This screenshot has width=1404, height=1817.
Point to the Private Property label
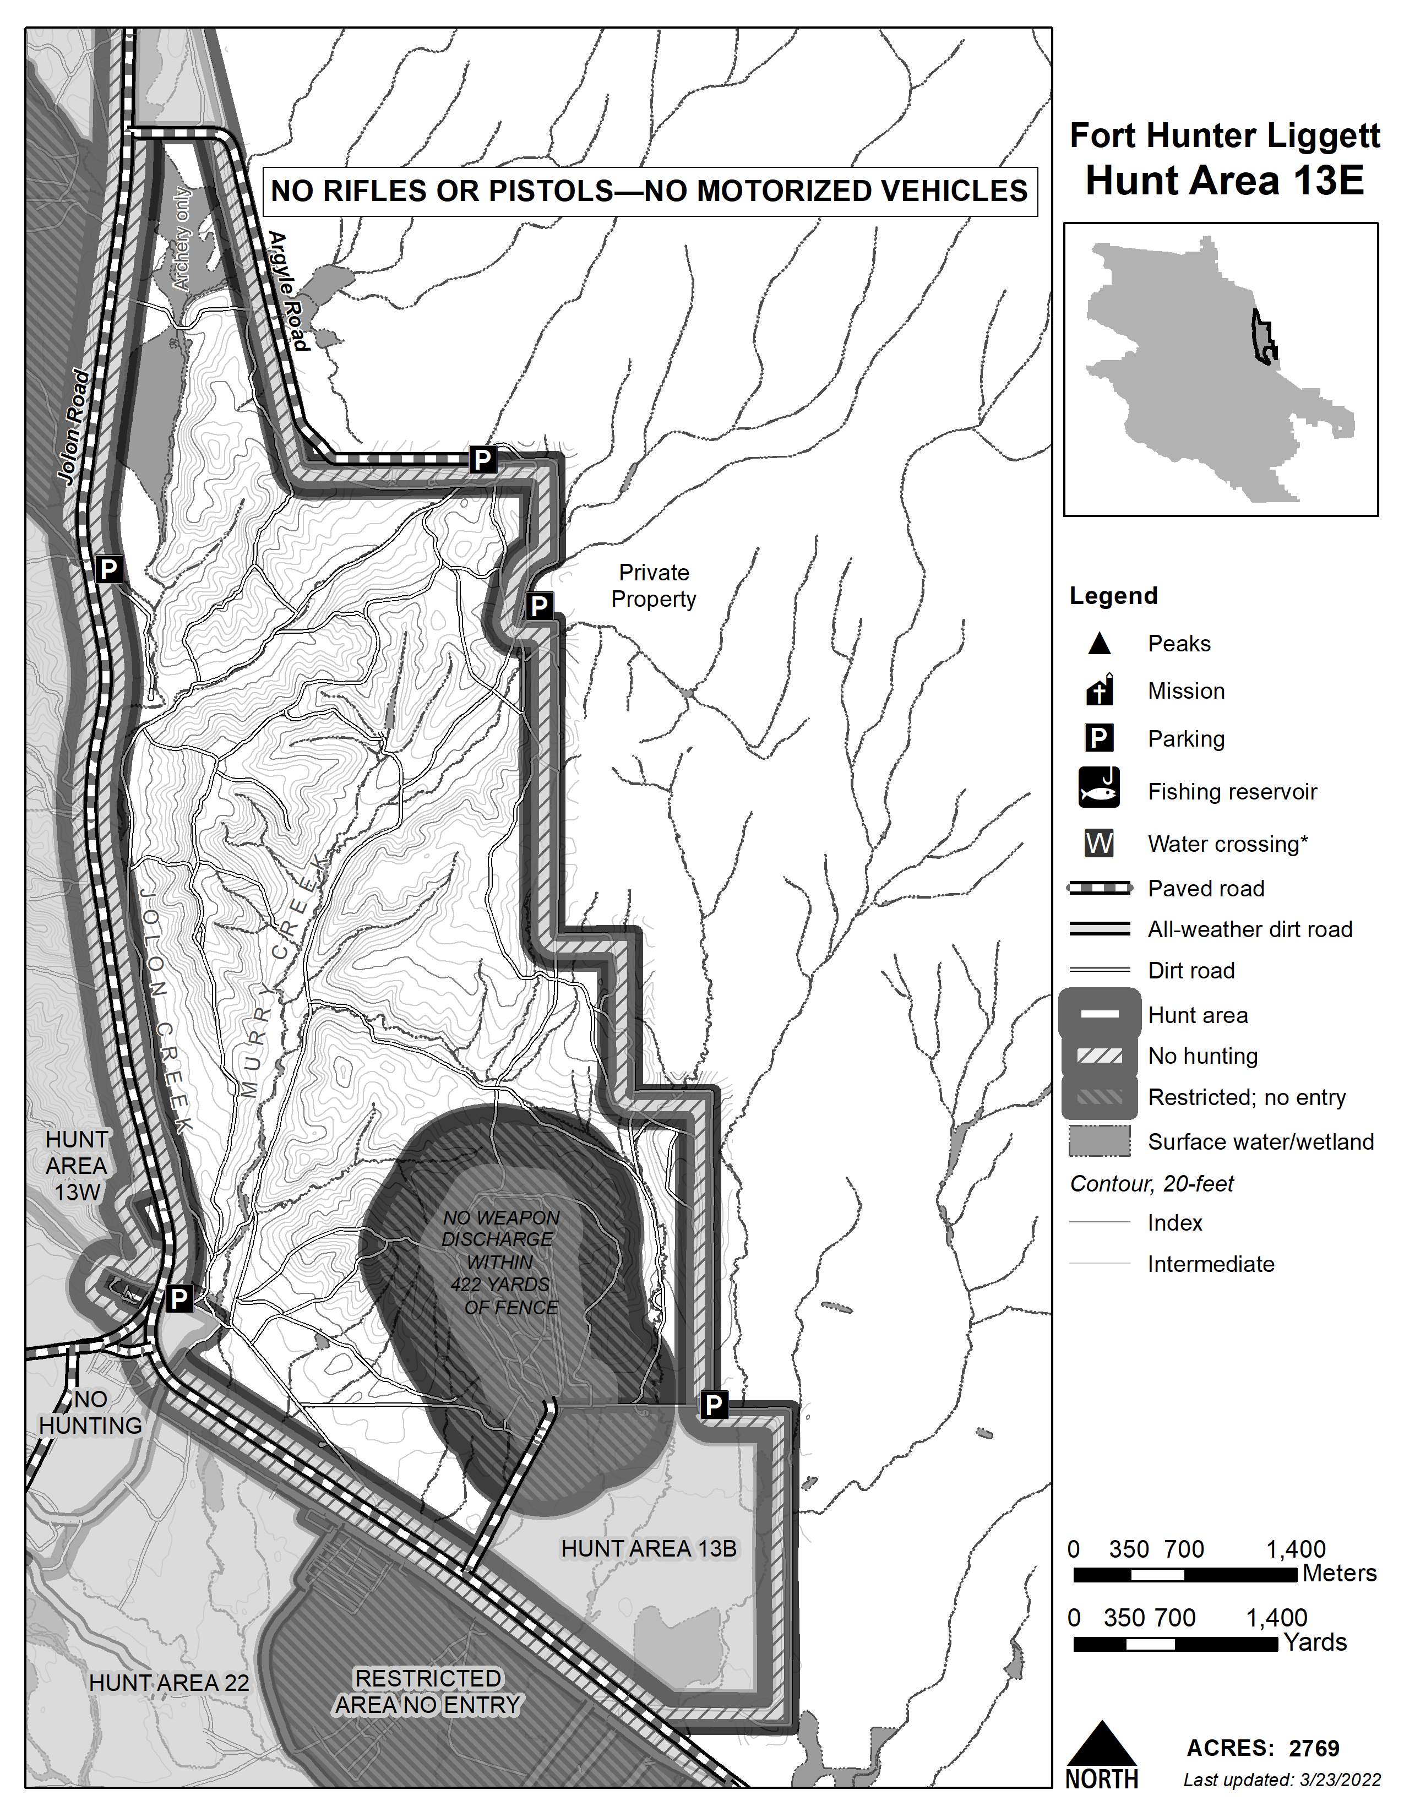pos(654,586)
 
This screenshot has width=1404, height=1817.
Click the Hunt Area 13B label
pos(649,1548)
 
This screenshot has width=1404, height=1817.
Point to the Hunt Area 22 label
pos(169,1682)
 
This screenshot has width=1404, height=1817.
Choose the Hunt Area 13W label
pos(77,1166)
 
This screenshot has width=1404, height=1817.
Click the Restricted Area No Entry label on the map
pos(428,1691)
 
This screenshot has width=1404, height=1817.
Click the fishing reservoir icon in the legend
pos(1099,788)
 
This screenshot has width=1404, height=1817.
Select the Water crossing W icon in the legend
pos(1099,844)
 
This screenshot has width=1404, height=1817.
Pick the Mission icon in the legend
pos(1100,690)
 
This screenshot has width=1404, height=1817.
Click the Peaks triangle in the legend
pos(1100,643)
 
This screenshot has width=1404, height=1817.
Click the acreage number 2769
pos(1314,1748)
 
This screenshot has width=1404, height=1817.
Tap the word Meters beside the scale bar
pos(1339,1573)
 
